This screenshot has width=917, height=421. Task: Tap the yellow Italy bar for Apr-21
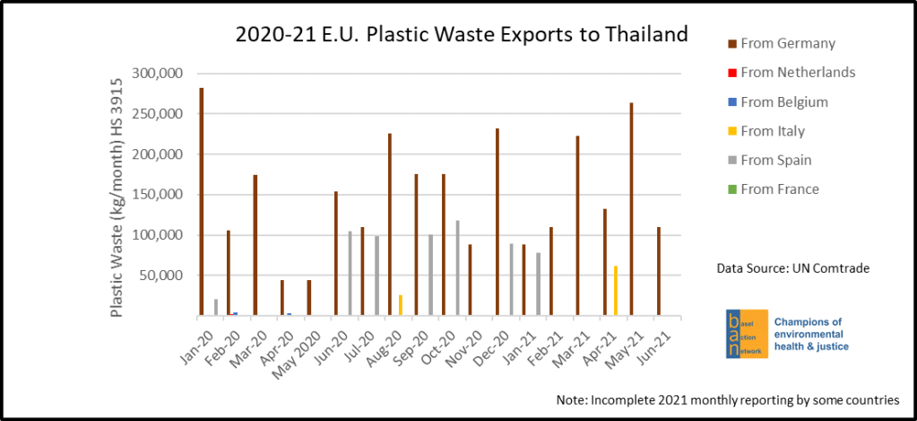[616, 291]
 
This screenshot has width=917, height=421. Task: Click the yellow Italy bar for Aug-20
[400, 305]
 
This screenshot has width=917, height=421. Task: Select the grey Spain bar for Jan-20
[216, 307]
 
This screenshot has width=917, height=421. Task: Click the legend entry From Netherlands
[798, 73]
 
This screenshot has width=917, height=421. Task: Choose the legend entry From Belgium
[784, 102]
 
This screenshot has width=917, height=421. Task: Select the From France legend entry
[780, 189]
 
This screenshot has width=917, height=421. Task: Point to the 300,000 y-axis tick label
[157, 74]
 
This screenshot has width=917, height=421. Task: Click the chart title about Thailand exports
[462, 35]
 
